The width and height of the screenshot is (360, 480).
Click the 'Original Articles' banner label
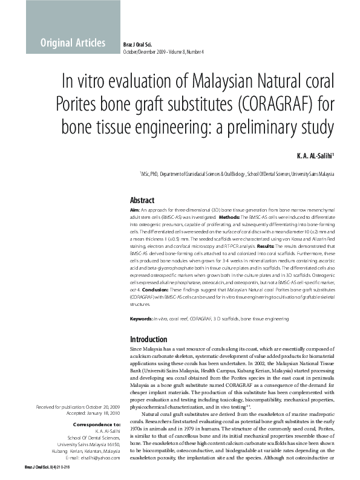coord(73,42)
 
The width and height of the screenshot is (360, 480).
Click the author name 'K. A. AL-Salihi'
coord(315,157)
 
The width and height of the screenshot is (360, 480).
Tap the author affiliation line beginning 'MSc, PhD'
coord(237,174)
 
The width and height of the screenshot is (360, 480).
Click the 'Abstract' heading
coord(143,200)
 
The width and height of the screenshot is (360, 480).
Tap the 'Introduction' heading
coord(149,340)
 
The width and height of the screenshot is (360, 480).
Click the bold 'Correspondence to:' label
coord(96,425)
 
